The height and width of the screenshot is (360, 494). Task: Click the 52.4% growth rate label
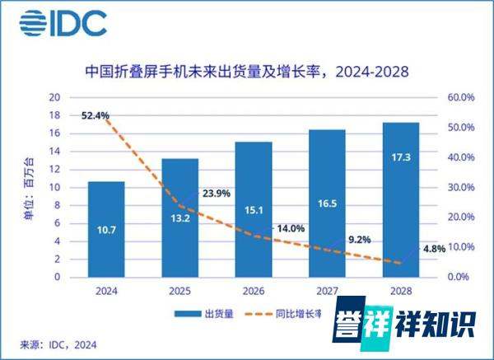[x=96, y=115]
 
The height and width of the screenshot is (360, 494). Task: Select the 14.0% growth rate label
[x=290, y=228]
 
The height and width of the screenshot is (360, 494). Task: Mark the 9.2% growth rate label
[x=360, y=240]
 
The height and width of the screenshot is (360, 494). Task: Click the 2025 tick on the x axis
[x=180, y=291]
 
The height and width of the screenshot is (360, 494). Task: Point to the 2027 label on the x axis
[x=329, y=291]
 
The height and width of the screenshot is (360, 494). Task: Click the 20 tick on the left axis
[x=56, y=97]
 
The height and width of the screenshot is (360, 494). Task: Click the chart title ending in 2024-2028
[x=247, y=72]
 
